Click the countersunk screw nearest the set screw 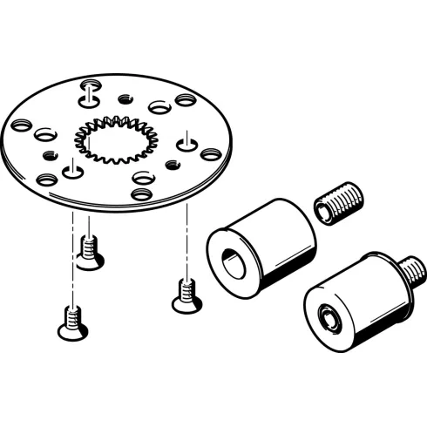(x=182, y=295)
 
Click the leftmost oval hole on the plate (x=22, y=124)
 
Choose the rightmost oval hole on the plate (x=210, y=154)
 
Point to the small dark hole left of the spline (x=50, y=155)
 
